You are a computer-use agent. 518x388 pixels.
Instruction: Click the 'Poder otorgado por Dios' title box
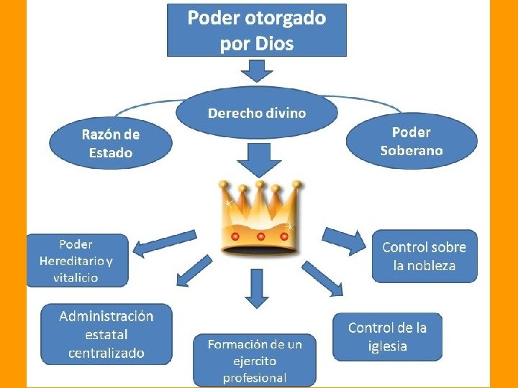coord(256,29)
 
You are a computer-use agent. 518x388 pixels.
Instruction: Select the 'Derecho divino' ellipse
coord(257,114)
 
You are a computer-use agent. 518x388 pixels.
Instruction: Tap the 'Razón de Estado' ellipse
coord(111,143)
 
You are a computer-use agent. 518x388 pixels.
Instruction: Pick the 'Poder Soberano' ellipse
coord(412,142)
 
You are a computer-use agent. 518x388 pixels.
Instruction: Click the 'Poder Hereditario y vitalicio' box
coord(77,260)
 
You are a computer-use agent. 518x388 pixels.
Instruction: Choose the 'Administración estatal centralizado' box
coord(106,335)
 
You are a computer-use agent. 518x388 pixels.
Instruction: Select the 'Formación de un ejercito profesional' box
coord(255,360)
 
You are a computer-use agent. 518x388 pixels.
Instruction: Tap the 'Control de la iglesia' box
coord(387,337)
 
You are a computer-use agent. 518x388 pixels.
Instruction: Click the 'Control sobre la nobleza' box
coord(424,257)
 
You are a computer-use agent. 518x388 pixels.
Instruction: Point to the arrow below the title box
coord(256,70)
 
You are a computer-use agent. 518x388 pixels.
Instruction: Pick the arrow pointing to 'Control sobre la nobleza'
coord(345,240)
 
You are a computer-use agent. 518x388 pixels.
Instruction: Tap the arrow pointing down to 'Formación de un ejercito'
coord(257,287)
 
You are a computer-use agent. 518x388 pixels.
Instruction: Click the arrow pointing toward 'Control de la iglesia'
coord(322,278)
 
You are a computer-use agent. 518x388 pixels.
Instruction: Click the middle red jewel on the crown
coord(260,236)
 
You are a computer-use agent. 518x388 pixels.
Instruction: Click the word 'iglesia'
coord(387,346)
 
